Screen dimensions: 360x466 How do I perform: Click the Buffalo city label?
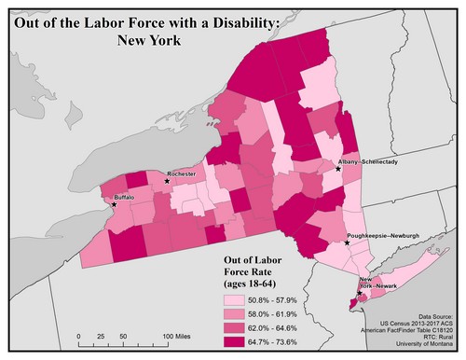tap(125, 198)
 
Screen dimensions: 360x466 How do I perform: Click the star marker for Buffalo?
tap(115, 204)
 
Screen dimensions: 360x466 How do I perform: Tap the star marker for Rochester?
tap(167, 181)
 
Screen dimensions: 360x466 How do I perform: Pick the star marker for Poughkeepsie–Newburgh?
tap(348, 243)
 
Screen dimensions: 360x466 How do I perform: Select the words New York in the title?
tap(149, 40)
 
